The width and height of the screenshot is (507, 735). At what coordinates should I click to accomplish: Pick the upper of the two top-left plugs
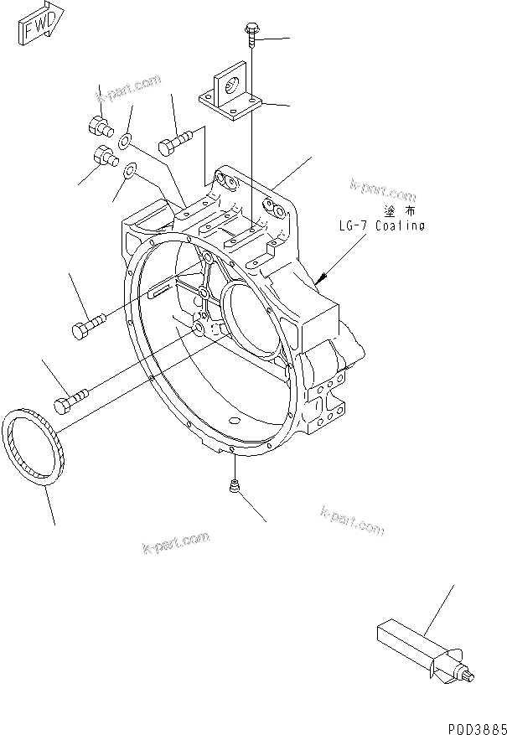click(98, 127)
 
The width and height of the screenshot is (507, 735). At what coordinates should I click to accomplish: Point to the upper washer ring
click(126, 139)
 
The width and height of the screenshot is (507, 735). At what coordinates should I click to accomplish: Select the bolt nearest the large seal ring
click(70, 401)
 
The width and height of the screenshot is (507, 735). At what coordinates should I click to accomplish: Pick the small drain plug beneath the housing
click(234, 485)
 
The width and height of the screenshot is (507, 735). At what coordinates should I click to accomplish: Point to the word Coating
click(400, 226)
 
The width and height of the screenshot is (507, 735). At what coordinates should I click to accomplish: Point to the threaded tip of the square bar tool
click(469, 675)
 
